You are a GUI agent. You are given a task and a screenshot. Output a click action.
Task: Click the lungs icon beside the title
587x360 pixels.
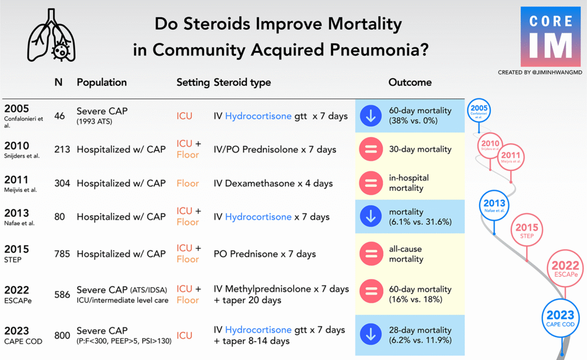click(x=50, y=36)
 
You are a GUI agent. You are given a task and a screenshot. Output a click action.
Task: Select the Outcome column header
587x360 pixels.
click(x=410, y=83)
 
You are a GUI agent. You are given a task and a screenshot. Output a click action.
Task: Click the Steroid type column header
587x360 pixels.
click(x=242, y=83)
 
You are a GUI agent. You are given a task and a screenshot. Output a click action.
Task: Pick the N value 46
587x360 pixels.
click(x=60, y=116)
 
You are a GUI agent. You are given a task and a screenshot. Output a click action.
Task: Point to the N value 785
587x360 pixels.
click(x=61, y=254)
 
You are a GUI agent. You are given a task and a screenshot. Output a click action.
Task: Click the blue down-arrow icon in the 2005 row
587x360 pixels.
click(x=371, y=116)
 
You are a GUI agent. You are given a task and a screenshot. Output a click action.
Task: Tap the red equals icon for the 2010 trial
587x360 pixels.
click(x=371, y=150)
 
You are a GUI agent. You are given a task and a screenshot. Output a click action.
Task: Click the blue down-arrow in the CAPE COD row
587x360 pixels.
click(x=371, y=335)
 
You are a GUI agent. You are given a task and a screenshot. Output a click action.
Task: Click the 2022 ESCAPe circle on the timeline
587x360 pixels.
click(x=565, y=269)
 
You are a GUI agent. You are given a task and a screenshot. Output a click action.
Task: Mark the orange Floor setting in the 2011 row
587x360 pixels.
click(x=187, y=183)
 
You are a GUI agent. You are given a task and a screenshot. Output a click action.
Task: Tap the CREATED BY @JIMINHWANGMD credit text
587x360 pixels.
click(x=540, y=72)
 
